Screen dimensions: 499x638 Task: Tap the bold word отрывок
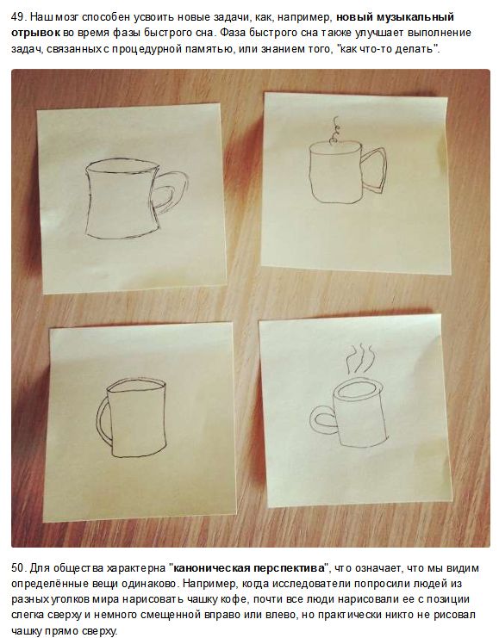coord(36,33)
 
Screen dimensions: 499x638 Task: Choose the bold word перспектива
coord(289,567)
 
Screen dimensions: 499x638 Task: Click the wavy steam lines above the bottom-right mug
coord(360,358)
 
